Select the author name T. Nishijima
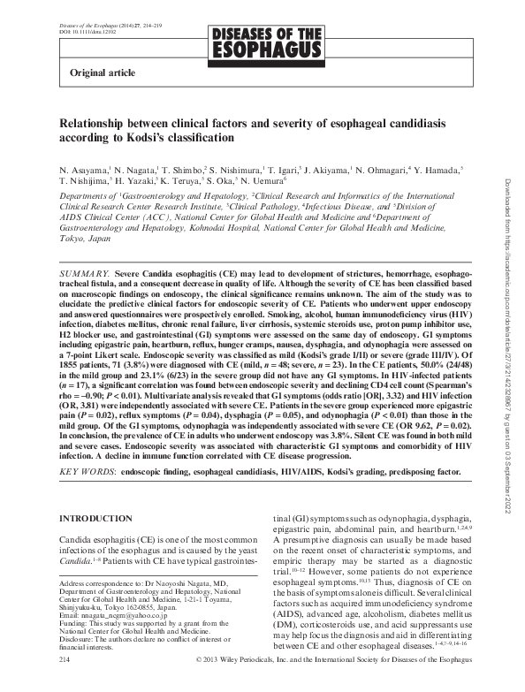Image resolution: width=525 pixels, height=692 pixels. [87, 179]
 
